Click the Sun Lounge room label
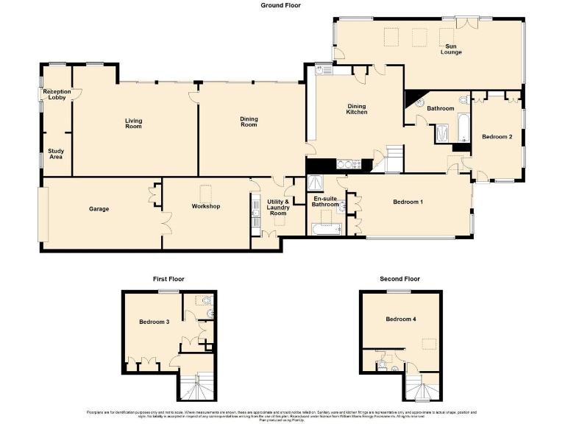click(450, 49)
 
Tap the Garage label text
click(99, 209)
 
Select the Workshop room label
click(206, 206)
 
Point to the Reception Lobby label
click(56, 94)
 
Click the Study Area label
click(56, 154)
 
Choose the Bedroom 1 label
click(408, 202)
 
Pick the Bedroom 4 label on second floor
click(400, 319)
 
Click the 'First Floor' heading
click(168, 279)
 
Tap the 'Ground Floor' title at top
click(280, 5)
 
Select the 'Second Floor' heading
click(399, 279)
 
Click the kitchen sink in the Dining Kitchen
click(323, 70)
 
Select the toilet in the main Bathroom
click(463, 100)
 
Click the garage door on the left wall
click(43, 213)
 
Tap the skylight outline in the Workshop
click(207, 189)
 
